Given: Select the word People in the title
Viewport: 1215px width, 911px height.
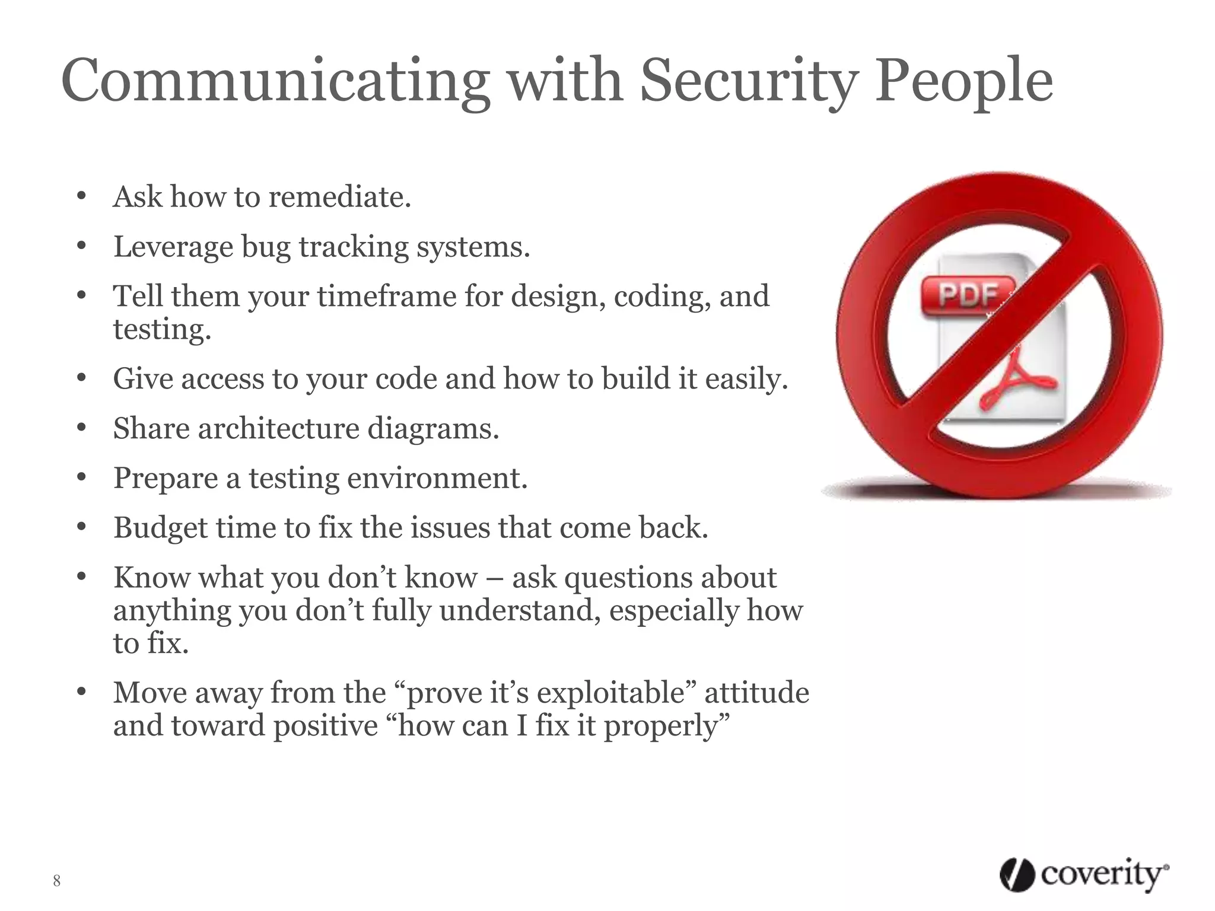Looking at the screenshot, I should tap(963, 82).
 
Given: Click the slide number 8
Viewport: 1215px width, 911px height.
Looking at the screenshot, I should tap(56, 881).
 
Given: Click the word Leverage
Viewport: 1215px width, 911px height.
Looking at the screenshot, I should tap(173, 247).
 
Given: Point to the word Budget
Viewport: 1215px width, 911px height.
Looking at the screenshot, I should tap(160, 528).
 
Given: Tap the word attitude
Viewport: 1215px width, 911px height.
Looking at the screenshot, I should tap(756, 693).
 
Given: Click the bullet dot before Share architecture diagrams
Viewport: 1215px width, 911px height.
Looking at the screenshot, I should tap(82, 427).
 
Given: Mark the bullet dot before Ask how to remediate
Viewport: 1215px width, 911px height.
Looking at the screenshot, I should tap(82, 196).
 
